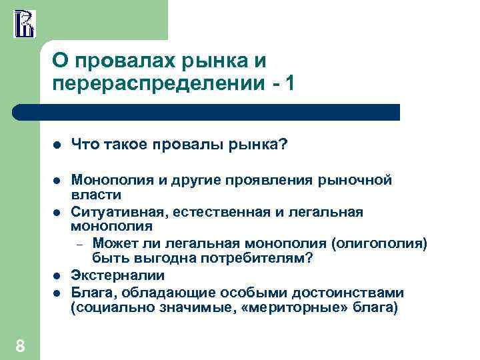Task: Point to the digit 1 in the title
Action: (287, 84)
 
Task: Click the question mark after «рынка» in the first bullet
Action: (284, 144)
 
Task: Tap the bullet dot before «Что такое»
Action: (57, 145)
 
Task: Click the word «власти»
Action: (96, 195)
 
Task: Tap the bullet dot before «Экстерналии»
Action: (57, 275)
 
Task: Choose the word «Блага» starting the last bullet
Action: (89, 292)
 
